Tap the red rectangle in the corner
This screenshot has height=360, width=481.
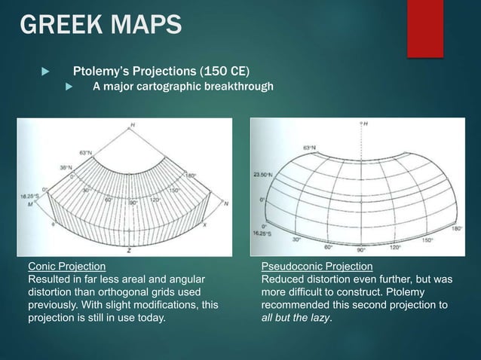pos(425,27)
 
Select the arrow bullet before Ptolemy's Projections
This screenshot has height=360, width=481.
pos(43,72)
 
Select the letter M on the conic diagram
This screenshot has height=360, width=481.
pos(31,203)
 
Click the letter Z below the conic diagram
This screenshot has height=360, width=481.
pos(130,248)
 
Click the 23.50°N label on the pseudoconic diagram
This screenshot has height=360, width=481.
pos(262,175)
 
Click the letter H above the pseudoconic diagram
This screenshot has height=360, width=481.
pos(366,124)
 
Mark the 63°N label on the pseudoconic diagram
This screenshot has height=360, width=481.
pos(309,148)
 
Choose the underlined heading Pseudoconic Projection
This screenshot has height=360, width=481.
pos(317,267)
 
